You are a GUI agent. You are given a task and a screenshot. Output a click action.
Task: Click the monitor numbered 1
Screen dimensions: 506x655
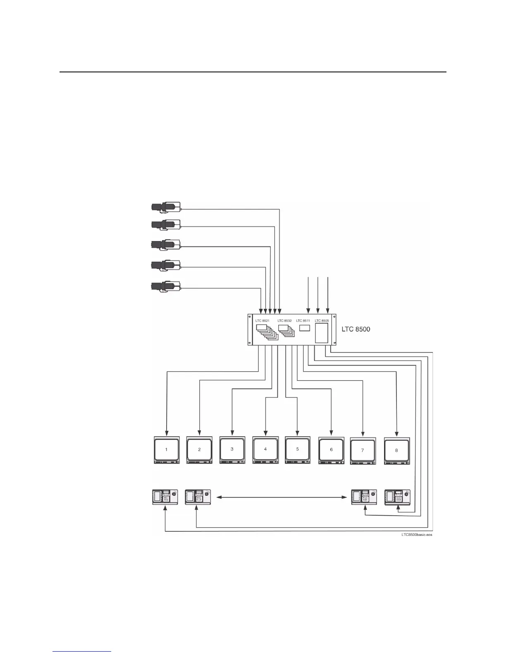(167, 450)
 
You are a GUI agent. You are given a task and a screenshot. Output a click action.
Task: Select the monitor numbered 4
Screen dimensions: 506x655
(265, 450)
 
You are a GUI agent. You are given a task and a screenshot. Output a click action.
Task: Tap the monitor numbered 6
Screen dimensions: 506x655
(331, 450)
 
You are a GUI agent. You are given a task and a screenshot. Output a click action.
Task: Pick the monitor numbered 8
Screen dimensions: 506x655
(396, 450)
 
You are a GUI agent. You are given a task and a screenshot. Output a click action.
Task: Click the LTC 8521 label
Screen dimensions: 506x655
(263, 321)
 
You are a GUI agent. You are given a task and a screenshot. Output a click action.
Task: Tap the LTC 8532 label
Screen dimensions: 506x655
(284, 321)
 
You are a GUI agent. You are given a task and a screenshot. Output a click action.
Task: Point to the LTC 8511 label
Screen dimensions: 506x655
(303, 321)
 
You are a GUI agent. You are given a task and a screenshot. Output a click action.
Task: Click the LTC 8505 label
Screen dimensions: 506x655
(322, 321)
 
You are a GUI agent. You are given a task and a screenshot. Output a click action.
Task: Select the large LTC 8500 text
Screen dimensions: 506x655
(356, 330)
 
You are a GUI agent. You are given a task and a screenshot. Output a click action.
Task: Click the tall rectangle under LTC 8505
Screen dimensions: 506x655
(322, 333)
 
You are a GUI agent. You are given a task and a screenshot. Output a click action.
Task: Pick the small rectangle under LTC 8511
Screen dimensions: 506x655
(305, 328)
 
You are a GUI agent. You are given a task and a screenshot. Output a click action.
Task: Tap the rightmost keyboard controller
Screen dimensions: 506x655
(397, 497)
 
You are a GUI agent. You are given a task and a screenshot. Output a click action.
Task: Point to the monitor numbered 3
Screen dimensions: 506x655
(232, 450)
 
